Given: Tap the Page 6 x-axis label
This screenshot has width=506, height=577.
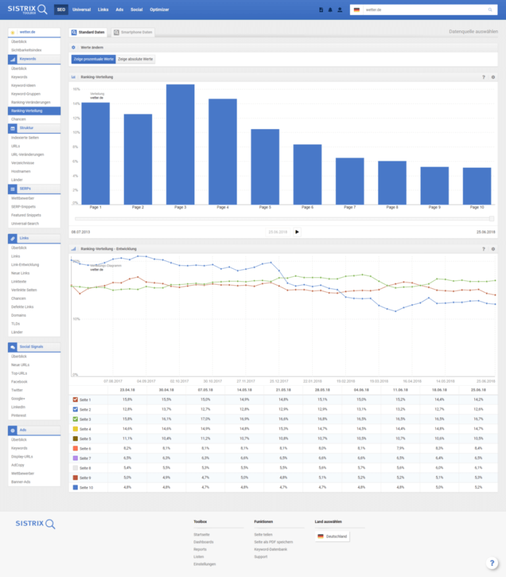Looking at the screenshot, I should (308, 207).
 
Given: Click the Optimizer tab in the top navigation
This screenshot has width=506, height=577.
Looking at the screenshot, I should (159, 10).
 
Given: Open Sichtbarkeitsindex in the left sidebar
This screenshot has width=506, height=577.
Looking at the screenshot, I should (26, 49).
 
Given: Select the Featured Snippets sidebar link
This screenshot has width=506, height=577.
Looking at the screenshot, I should (26, 215).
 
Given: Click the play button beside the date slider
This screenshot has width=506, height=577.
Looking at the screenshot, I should (296, 231).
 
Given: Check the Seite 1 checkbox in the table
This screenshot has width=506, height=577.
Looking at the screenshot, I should (74, 400).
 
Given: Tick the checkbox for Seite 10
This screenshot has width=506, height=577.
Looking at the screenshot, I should (74, 487).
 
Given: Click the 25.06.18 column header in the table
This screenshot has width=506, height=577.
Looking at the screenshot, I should (477, 390).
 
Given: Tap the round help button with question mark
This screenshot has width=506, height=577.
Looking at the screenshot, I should (492, 563).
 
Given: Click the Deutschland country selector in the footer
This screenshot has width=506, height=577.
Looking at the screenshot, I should (332, 536).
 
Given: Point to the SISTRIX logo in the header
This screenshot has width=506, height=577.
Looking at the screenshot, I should (27, 9).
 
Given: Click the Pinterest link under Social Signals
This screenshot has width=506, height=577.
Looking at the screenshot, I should (18, 416).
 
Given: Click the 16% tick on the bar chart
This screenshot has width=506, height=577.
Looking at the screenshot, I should (76, 89).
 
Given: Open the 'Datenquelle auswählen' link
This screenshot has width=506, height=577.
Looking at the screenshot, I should (472, 32).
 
